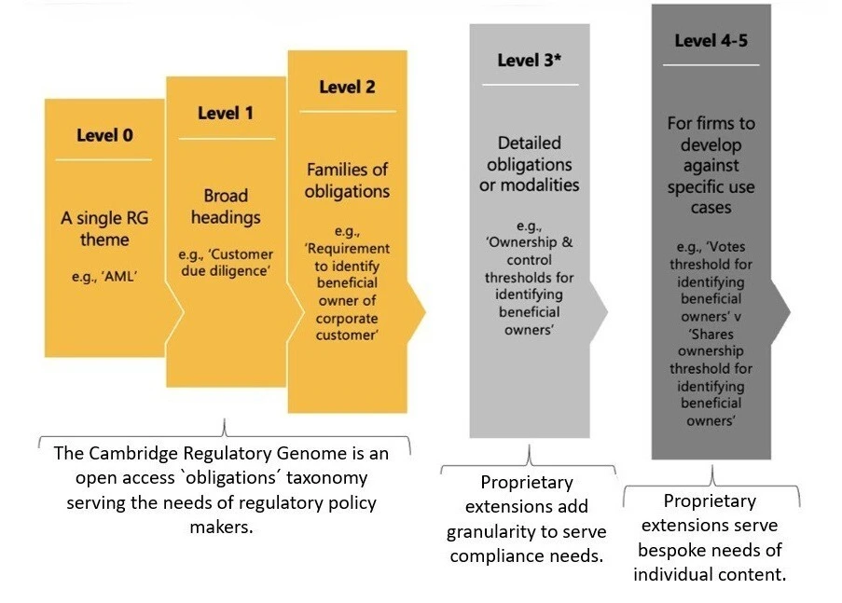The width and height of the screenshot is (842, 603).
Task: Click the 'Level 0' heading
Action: pos(104,135)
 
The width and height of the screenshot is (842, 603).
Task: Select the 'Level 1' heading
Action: pos(226,114)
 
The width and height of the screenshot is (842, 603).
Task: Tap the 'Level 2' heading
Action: pos(347,88)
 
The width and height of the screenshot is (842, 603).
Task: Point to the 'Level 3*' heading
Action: pos(529,61)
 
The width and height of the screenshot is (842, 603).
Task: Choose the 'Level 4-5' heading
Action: pos(711,41)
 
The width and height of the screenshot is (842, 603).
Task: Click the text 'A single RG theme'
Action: pos(104,228)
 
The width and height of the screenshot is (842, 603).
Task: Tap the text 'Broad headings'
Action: pos(226,206)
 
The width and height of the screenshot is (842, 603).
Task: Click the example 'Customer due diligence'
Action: pos(226,263)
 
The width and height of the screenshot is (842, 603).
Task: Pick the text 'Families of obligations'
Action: pos(348,181)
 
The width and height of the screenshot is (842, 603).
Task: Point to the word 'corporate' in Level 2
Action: pos(348,318)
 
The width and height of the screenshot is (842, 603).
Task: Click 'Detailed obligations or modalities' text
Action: pos(529,164)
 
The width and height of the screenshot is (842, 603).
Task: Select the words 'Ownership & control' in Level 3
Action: pos(530,252)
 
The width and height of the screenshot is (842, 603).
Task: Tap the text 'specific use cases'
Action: pos(711,197)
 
